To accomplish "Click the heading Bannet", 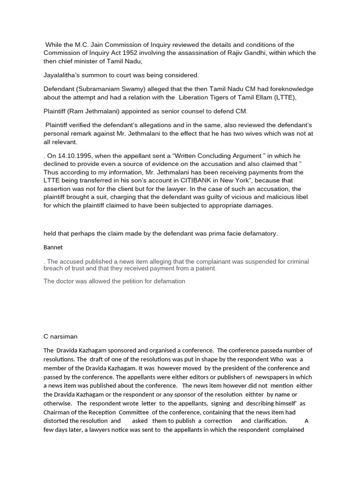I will [53, 247].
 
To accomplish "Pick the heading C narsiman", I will [61, 336].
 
